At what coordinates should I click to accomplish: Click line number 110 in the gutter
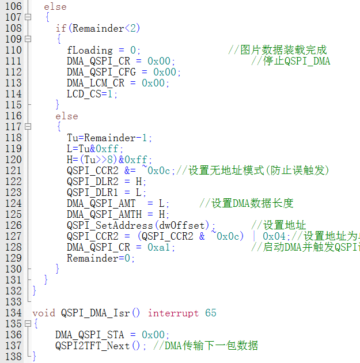(13, 50)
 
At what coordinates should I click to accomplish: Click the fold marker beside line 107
(27, 17)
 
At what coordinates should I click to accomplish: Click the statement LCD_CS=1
(92, 94)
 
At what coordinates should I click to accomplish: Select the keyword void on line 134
(44, 313)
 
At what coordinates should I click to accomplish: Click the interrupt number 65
(210, 313)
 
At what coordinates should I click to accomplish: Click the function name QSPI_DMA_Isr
(96, 313)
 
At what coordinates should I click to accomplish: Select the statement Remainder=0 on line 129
(100, 258)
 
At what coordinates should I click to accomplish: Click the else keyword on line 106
(55, 7)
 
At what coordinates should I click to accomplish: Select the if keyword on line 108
(60, 28)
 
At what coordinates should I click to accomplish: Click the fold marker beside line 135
(27, 324)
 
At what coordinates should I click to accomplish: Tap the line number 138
(13, 357)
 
